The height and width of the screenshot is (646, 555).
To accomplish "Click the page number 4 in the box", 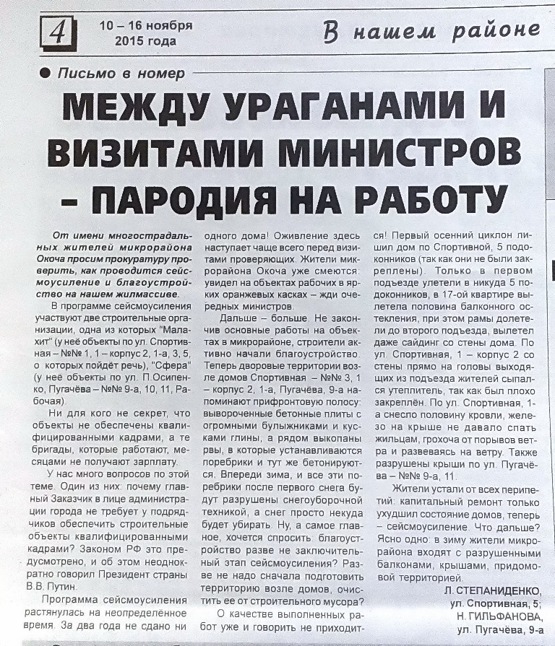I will (57, 31).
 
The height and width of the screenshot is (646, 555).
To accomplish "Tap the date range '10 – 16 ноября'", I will (146, 25).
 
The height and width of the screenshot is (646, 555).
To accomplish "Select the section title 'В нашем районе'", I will (431, 30).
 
